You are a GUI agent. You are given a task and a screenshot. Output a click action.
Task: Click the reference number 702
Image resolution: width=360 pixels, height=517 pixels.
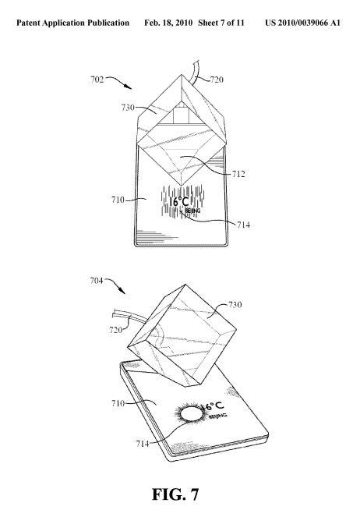pos(97,80)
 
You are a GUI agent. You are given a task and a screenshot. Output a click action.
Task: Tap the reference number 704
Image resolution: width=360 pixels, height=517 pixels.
pos(97,281)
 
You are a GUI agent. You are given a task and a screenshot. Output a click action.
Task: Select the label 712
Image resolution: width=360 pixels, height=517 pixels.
pos(238,174)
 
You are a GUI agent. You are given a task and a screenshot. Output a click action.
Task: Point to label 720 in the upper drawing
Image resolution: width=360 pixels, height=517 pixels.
pos(217,80)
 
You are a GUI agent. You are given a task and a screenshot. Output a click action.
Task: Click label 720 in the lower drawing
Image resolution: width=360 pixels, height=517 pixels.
pos(116,330)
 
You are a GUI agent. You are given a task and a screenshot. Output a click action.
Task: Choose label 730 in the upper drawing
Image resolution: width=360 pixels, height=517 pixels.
pos(128,108)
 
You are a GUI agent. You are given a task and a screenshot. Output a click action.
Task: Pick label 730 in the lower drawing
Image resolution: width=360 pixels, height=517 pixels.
pos(235,305)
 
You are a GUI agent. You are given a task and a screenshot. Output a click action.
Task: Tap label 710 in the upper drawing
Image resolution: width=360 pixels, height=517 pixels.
pos(118,200)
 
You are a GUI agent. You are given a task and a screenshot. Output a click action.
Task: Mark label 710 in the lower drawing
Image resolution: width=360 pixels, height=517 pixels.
pos(118,403)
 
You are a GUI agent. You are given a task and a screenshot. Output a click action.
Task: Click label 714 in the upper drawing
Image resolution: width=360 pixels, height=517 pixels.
pos(243,225)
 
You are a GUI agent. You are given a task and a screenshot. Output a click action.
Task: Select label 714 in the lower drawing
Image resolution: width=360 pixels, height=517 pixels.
pos(143,444)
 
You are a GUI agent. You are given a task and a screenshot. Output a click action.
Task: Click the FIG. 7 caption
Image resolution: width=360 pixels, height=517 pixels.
pos(175,494)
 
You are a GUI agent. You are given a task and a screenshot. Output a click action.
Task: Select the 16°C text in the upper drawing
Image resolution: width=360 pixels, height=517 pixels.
pos(179,201)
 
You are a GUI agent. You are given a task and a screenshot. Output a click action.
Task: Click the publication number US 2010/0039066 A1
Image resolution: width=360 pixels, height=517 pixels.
pos(302,23)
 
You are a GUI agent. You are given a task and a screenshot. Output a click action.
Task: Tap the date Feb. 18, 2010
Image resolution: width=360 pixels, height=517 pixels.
pos(168,23)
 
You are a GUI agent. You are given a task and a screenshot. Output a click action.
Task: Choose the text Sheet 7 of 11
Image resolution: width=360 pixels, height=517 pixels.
pos(221,23)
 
